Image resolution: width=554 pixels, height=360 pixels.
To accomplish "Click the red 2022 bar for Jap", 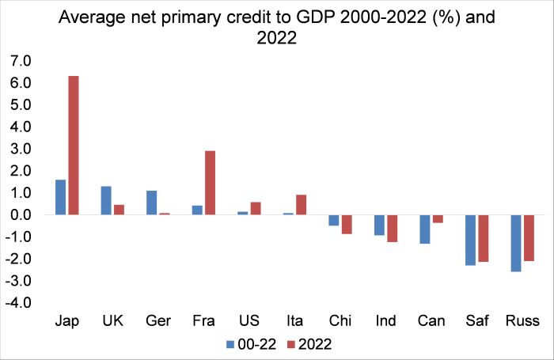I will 74,146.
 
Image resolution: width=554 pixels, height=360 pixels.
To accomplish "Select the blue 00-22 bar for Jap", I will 61,197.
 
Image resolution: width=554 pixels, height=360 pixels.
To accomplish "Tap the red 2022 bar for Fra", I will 210,183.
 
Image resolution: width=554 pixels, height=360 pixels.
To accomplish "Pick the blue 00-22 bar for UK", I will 106,200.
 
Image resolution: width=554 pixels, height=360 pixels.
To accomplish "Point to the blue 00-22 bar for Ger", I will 152,203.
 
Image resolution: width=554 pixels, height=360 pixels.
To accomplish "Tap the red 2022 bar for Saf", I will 483,238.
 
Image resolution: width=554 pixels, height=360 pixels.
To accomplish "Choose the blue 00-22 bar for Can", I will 425,229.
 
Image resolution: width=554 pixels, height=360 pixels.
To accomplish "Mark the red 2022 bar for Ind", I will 392,229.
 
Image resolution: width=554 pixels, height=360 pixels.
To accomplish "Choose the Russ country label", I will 522,322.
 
